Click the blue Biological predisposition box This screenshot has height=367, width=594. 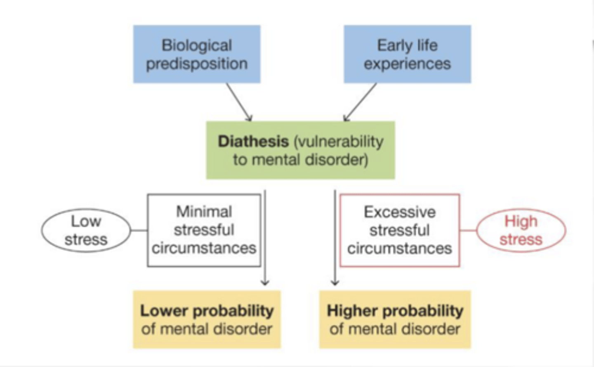[x=196, y=54]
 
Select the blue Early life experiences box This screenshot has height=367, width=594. [x=407, y=54]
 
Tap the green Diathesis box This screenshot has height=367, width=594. [x=300, y=150]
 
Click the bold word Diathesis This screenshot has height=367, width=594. [x=253, y=141]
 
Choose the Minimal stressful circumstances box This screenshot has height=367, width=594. [x=204, y=230]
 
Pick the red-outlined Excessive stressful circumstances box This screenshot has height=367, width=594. [x=399, y=230]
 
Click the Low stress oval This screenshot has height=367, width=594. [x=86, y=230]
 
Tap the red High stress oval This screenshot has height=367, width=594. [x=521, y=230]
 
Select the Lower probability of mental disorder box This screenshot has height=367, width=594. [x=207, y=320]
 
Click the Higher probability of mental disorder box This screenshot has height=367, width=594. [x=395, y=320]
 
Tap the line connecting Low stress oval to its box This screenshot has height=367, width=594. [x=139, y=230]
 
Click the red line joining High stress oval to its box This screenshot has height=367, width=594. [x=468, y=230]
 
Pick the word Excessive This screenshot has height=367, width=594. [x=399, y=212]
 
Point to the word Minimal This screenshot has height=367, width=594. [x=204, y=212]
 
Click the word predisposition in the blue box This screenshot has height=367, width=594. [x=196, y=64]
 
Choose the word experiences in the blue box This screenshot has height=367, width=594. [x=407, y=64]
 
